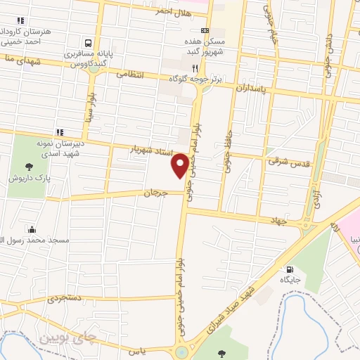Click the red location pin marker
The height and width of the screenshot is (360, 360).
click(x=181, y=165)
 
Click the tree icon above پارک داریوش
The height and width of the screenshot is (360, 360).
click(x=29, y=167)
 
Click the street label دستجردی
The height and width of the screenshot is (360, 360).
click(x=65, y=298)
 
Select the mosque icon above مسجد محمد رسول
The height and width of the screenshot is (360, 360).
click(x=32, y=229)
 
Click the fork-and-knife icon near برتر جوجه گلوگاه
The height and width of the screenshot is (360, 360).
click(x=195, y=68)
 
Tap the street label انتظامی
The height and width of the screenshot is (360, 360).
click(x=129, y=72)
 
